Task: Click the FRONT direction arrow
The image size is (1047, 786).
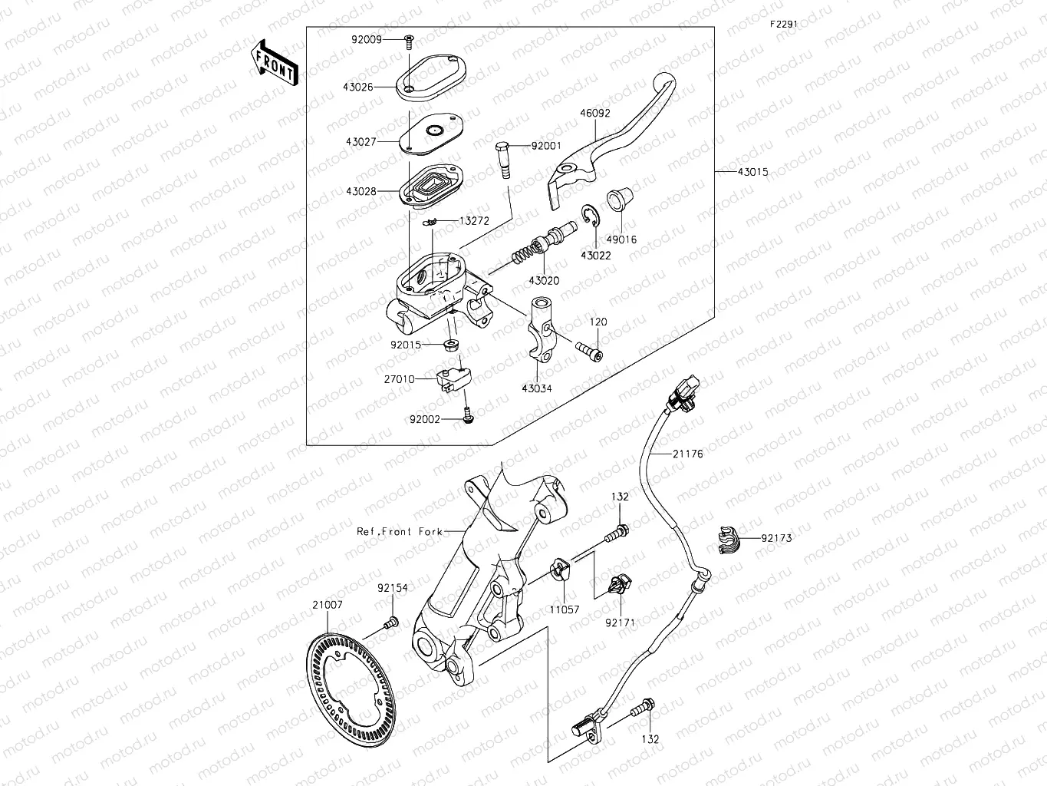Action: coord(274,61)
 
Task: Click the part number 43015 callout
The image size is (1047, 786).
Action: coord(752,172)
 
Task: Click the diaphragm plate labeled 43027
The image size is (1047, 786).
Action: coord(432,131)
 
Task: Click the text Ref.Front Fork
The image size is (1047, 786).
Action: coord(399,531)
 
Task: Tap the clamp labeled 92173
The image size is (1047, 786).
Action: coord(729,540)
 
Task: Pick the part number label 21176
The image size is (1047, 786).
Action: coord(687,454)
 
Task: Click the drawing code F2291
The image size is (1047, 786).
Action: coord(784,24)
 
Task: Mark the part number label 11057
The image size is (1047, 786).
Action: coord(564,610)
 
